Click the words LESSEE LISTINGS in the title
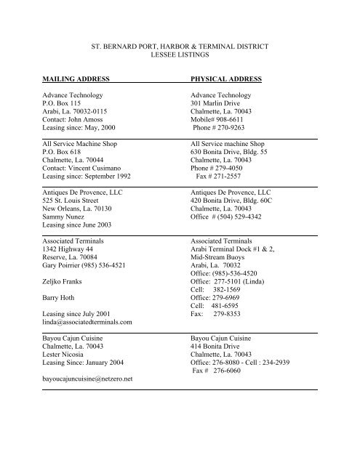[x=179, y=54]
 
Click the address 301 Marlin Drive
[x=218, y=105]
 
